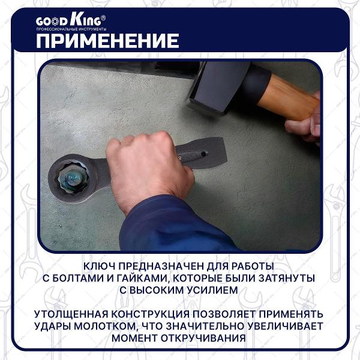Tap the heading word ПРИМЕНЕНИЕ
coord(107,40)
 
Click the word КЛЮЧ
coord(103,265)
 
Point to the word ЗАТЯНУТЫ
coord(287,278)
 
